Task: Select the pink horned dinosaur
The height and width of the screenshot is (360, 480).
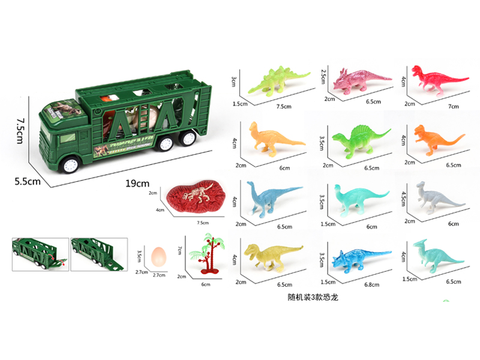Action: coord(358,80)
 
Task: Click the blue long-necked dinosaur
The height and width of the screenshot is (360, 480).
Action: coord(271,197)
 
